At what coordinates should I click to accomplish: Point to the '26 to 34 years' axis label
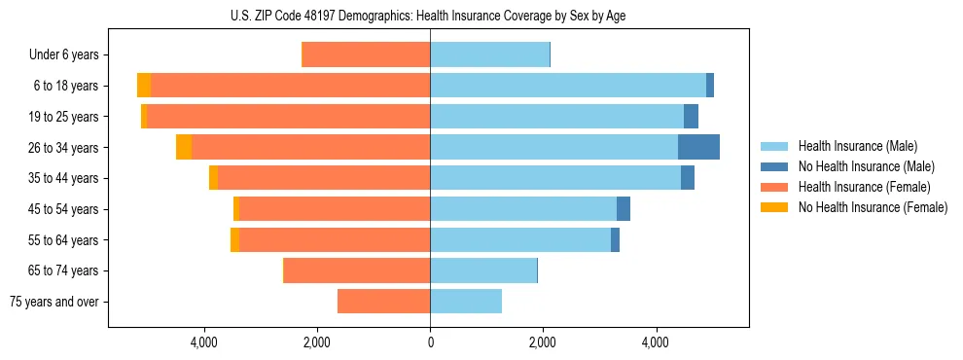pos(62,148)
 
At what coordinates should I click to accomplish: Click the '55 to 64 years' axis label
pos(62,240)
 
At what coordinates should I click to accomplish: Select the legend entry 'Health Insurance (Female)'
pos(864,187)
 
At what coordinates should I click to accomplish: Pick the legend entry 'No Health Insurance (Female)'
pos(872,207)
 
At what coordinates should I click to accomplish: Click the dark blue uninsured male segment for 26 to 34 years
pos(698,147)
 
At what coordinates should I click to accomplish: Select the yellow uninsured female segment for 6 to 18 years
pos(144,86)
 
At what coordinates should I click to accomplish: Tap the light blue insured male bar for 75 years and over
pos(466,302)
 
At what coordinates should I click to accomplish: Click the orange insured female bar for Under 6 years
pos(367,54)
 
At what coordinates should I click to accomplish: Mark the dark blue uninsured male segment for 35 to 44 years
pos(688,178)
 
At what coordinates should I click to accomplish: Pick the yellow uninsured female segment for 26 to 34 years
pos(184,147)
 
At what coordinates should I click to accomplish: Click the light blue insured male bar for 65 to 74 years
pos(483,270)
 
